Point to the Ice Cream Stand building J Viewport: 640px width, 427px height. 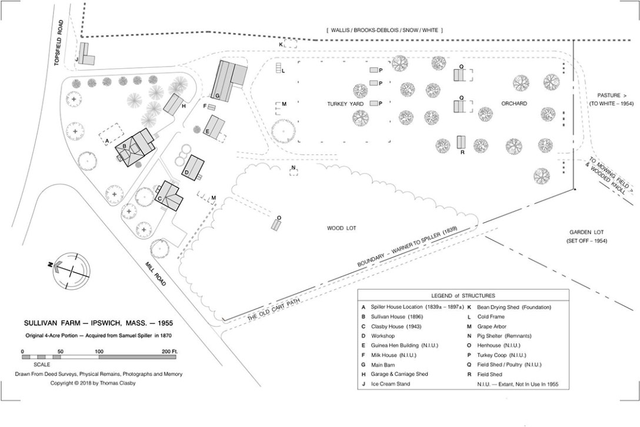[87, 55]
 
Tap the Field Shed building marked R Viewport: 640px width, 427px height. [461, 143]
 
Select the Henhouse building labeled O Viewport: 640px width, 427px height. [276, 225]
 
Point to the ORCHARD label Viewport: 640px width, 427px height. [514, 104]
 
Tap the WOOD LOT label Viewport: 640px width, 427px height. [342, 228]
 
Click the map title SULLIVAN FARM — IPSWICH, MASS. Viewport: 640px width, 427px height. [98, 323]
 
